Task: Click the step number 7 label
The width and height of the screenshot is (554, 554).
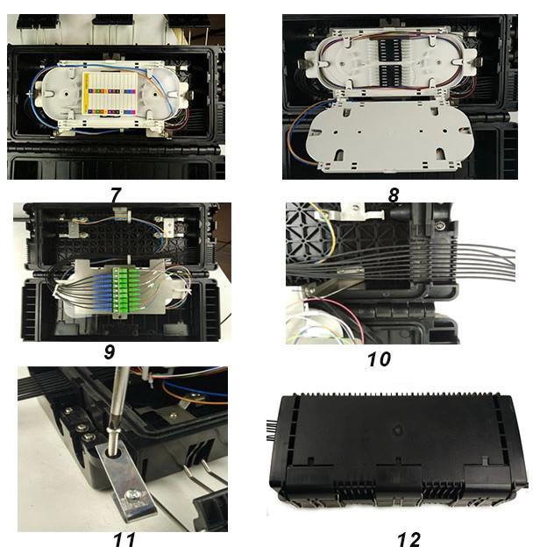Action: point(116,195)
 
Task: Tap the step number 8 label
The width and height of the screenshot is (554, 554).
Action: point(394,195)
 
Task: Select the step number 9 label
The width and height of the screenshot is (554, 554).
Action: point(110,352)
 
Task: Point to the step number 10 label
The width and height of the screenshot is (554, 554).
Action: point(379,359)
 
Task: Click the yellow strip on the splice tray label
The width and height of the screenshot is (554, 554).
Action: point(87,94)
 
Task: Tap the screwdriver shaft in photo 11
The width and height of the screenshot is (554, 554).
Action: point(117,407)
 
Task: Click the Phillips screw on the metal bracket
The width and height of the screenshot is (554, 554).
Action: point(133,495)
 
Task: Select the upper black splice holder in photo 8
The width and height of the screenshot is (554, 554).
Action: point(389,49)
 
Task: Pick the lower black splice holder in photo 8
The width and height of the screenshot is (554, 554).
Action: point(389,75)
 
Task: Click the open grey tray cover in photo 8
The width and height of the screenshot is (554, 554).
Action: point(390,135)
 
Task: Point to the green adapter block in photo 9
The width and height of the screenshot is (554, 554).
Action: point(124,292)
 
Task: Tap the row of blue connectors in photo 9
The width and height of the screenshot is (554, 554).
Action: point(103,290)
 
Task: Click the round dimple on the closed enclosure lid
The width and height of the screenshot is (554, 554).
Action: point(398,430)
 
